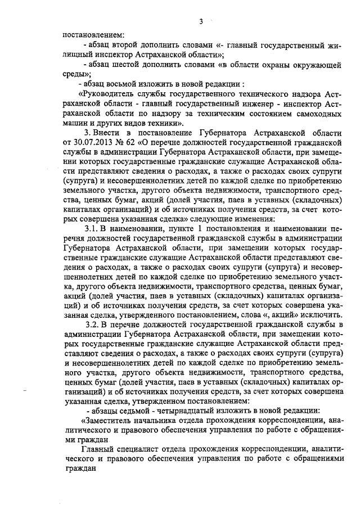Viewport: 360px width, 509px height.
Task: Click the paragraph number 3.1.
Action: click(92, 229)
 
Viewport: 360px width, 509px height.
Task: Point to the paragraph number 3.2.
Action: click(92, 325)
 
